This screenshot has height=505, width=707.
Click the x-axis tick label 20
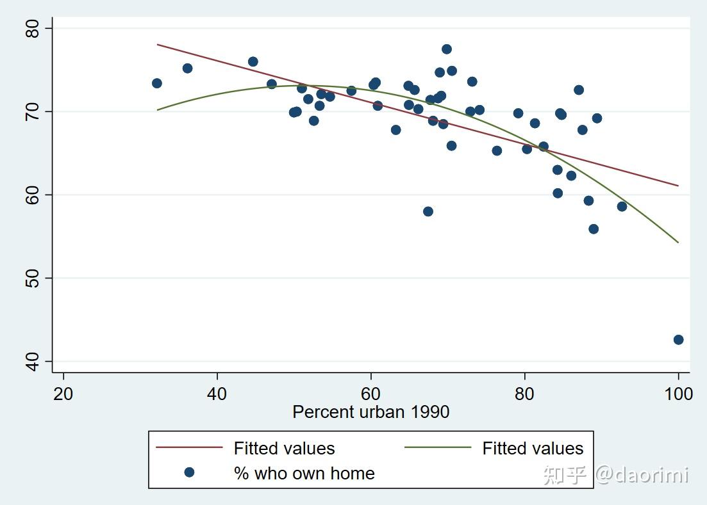[x=63, y=393]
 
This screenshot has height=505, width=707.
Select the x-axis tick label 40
[x=217, y=393]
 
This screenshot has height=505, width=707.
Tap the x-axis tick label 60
[x=370, y=393]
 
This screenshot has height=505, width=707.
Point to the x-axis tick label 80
[x=524, y=393]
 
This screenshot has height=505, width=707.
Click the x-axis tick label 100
[x=678, y=393]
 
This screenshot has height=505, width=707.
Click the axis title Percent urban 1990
[x=370, y=412]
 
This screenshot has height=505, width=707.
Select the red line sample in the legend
[x=189, y=448]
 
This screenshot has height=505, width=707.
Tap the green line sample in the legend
[x=438, y=448]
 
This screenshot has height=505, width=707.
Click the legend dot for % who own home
[x=189, y=473]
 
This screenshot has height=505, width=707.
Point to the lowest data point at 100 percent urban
[x=678, y=340]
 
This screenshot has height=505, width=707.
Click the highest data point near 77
[x=447, y=49]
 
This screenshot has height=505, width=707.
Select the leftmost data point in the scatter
[x=157, y=83]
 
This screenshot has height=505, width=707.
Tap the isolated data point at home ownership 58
[x=428, y=211]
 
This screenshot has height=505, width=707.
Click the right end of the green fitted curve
[x=678, y=242]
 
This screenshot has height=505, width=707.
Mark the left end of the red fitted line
[x=158, y=44]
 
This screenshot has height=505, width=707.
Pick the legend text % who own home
[x=304, y=473]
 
